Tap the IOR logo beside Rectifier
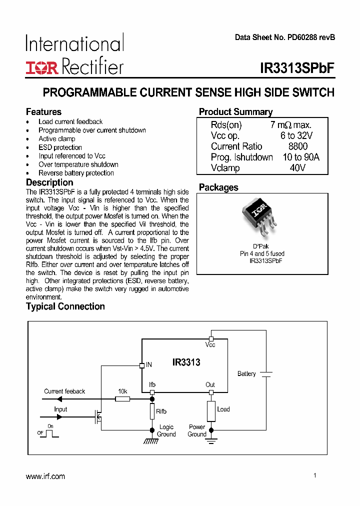click(x=42, y=68)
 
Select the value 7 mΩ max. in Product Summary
click(x=291, y=125)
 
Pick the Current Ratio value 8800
click(x=298, y=146)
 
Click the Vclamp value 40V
click(x=297, y=168)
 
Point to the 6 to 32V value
click(x=296, y=136)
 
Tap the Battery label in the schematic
click(x=246, y=373)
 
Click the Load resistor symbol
click(x=211, y=410)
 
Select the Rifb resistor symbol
click(x=152, y=411)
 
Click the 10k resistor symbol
click(x=122, y=399)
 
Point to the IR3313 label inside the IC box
click(x=186, y=362)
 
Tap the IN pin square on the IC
click(x=142, y=365)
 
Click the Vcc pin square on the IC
click(x=211, y=338)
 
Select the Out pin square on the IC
click(x=211, y=392)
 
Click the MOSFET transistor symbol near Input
click(x=98, y=416)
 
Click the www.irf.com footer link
click(x=45, y=476)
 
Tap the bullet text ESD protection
click(x=60, y=147)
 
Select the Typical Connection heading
click(x=65, y=306)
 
